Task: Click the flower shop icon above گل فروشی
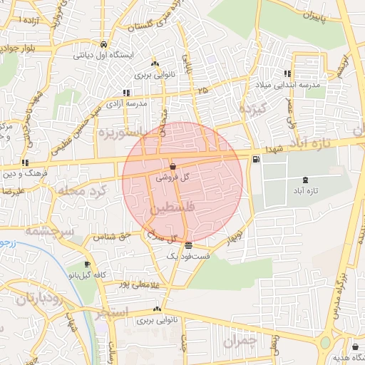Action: tap(173, 166)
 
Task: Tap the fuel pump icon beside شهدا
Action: tap(256, 158)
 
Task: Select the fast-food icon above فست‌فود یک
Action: tap(188, 245)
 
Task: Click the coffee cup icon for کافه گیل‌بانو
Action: tap(88, 263)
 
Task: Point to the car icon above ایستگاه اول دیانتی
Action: tap(105, 43)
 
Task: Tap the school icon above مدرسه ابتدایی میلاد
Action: tap(287, 73)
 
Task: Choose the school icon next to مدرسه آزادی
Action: tap(126, 92)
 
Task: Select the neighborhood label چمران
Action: tap(238, 342)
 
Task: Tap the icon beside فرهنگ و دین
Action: tap(26, 163)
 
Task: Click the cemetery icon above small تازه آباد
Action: tap(305, 180)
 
